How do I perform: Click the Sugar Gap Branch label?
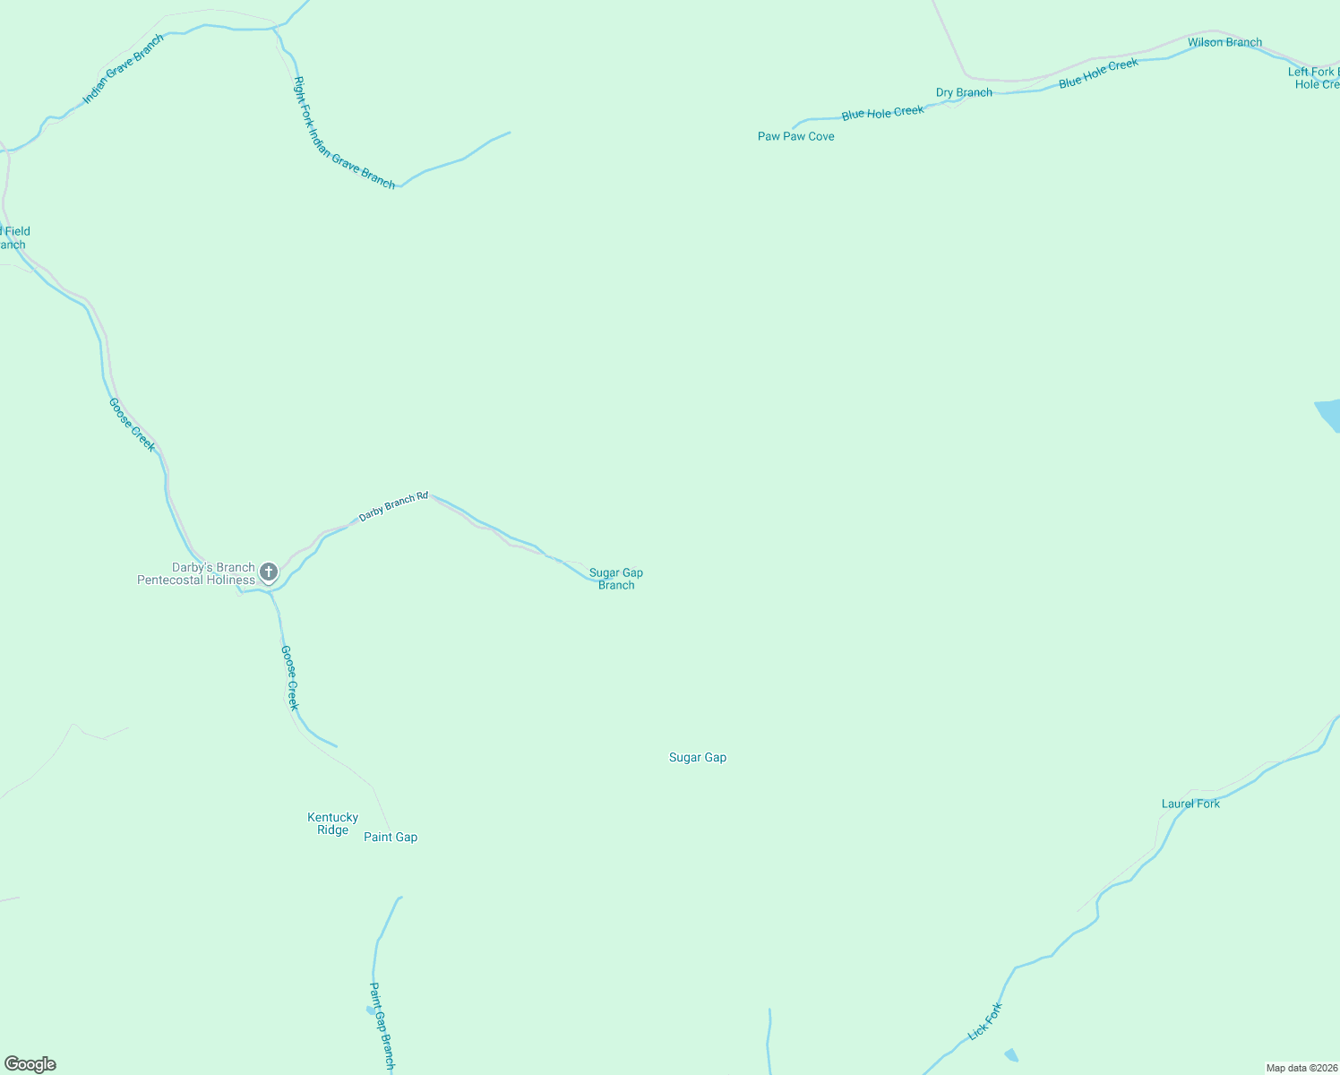pos(616,579)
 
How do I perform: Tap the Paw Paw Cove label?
pos(795,136)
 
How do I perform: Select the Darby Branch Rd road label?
pos(393,506)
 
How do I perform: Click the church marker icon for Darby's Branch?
pos(268,572)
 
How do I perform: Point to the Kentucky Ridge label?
pos(332,823)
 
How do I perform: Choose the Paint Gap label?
pos(391,837)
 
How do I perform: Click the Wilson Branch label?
pos(1224,42)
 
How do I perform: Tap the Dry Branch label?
pos(964,92)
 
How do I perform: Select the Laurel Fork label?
pos(1190,804)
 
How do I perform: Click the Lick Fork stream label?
pos(985,1021)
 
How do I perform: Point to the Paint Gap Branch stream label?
pos(382,1025)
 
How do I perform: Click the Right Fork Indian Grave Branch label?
pos(344,133)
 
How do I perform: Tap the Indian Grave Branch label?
pos(124,69)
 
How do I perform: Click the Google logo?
pos(30,1064)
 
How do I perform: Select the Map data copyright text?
pos(1301,1068)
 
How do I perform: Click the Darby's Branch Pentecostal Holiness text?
pos(196,573)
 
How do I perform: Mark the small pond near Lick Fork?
pos(1011,1054)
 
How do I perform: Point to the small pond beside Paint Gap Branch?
pos(371,1010)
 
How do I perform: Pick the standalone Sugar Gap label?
pos(698,757)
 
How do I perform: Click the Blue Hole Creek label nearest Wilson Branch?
pos(1098,73)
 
